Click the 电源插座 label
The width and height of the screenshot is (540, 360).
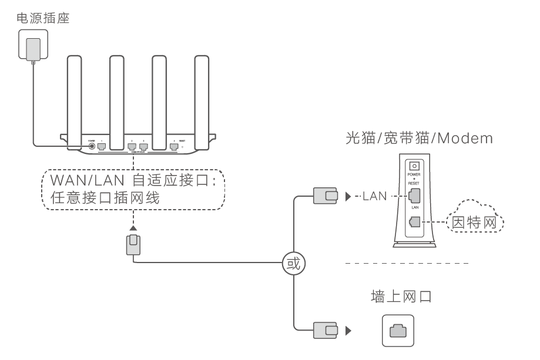43,18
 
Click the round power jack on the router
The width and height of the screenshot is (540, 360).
92,147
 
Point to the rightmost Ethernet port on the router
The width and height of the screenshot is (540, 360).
173,147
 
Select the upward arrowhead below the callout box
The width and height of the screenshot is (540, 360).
134,227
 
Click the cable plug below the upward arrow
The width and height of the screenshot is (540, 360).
134,244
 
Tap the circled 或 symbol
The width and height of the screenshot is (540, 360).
293,263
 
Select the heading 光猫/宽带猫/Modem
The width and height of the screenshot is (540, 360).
419,139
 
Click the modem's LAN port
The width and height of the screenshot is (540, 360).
415,196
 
